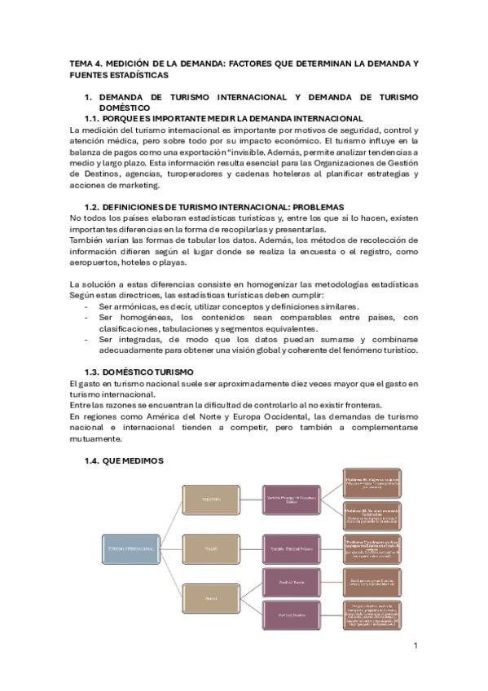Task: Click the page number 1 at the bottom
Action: [415, 646]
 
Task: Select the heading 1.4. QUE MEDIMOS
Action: [124, 461]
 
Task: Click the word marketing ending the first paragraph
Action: [161, 184]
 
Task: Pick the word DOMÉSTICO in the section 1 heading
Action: [125, 107]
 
